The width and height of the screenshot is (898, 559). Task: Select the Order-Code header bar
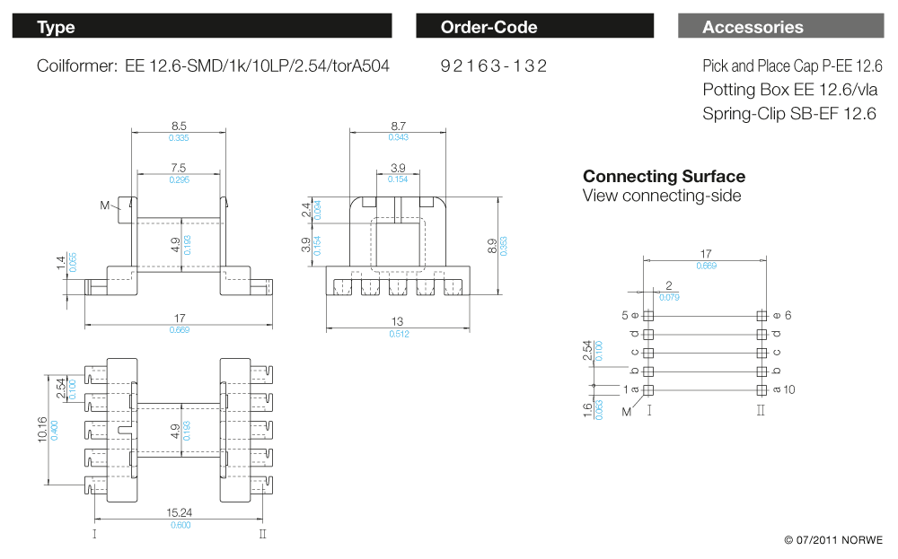point(534,27)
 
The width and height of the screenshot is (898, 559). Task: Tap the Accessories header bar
point(780,27)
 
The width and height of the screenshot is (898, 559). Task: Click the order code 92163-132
point(494,66)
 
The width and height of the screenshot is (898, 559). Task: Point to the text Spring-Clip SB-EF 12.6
point(789,114)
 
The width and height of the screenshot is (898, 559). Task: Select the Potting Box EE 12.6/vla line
point(790,90)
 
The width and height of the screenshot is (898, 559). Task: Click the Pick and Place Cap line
point(792,66)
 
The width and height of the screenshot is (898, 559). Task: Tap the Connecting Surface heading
point(664,176)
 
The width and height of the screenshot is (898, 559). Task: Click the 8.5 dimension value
point(179,127)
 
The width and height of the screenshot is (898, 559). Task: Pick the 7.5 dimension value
point(178,168)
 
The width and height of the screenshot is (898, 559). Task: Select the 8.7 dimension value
point(398,127)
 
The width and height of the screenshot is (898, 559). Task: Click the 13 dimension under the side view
point(398,322)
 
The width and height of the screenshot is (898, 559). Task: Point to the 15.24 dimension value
point(180,513)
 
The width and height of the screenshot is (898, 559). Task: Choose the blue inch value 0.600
point(180,525)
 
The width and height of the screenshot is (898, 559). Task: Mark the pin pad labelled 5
point(649,316)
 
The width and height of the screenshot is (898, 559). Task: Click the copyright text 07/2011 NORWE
point(833,540)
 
